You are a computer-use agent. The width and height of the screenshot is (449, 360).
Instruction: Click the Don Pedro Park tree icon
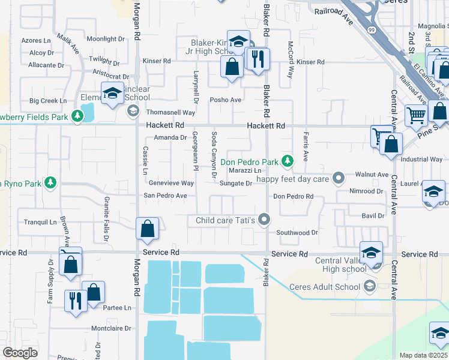[x=288, y=161]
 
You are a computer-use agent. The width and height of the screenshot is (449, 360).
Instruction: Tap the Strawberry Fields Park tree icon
[x=77, y=116]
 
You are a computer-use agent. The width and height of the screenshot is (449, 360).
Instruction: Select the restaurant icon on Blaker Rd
[x=259, y=59]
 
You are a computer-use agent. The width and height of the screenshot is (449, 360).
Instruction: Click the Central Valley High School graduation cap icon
[x=371, y=252]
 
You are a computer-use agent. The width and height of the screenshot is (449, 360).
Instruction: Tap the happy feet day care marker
[x=339, y=178]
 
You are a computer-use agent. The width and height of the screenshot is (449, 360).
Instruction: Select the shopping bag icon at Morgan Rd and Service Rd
[x=147, y=229]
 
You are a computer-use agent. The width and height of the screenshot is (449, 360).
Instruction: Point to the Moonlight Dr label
[x=105, y=39]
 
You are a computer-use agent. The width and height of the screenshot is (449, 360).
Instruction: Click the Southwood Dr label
[x=297, y=232]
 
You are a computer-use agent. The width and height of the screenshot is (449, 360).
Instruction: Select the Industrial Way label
[x=421, y=160]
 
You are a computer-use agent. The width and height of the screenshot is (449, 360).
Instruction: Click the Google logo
[x=20, y=353]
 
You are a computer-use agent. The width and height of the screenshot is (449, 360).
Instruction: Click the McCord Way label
[x=291, y=60]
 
